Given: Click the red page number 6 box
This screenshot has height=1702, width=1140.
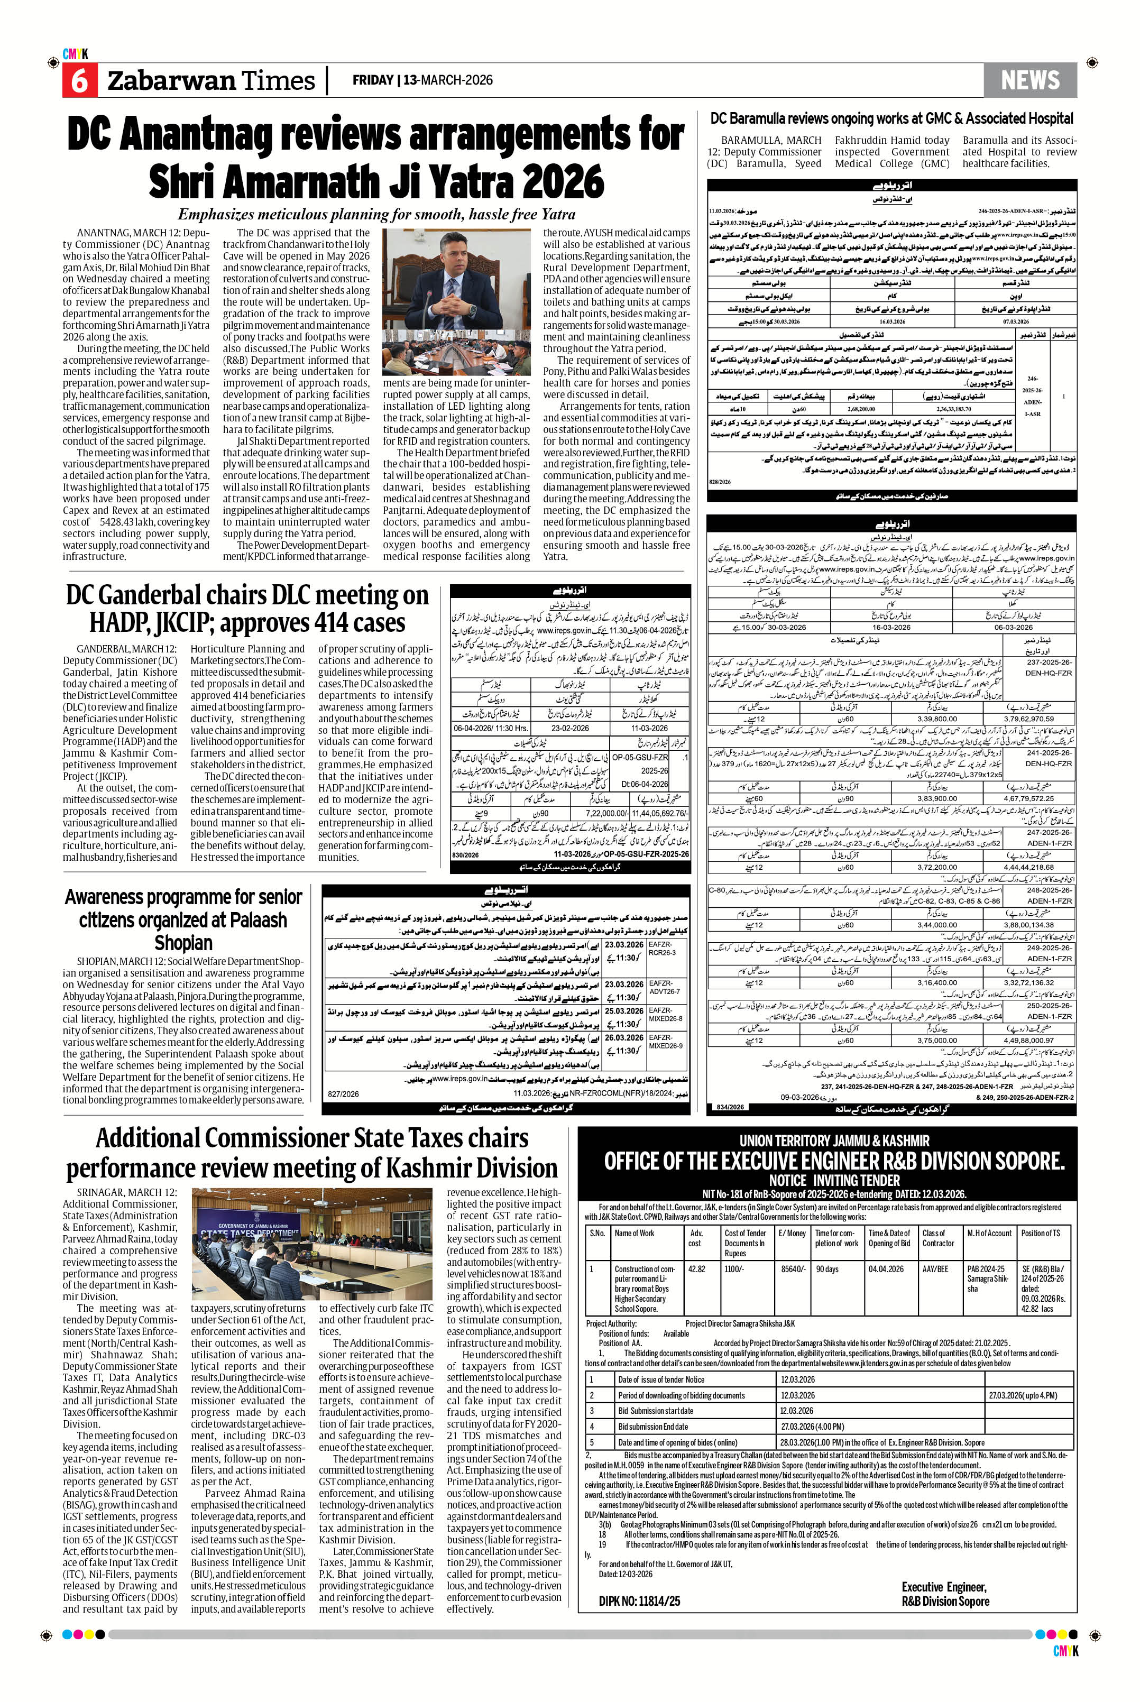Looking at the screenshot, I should pyautogui.click(x=79, y=81).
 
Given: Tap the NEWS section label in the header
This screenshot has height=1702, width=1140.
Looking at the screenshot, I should pyautogui.click(x=1029, y=80).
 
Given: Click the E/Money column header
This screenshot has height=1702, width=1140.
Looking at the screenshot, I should pyautogui.click(x=792, y=1233).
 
